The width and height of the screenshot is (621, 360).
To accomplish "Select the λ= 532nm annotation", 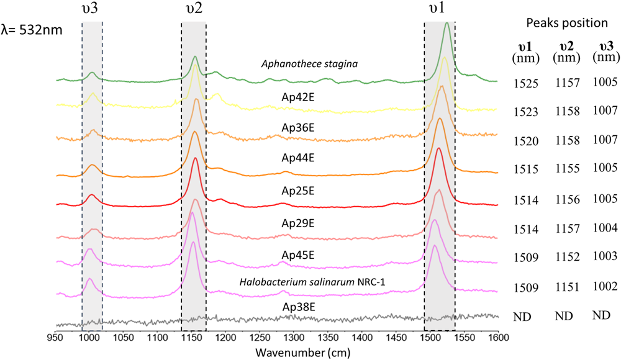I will click(x=32, y=29).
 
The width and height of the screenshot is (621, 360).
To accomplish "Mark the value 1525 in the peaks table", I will click(x=526, y=83).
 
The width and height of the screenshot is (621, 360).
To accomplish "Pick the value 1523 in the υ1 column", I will click(x=526, y=111).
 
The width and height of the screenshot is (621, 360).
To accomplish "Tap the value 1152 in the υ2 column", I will click(x=565, y=256).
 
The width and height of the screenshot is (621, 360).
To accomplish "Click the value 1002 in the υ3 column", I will click(x=604, y=287).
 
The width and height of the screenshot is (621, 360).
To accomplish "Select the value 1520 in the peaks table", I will click(x=526, y=140).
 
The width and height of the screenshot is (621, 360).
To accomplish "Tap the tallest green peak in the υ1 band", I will click(x=448, y=24).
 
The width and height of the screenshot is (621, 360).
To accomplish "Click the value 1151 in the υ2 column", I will click(x=565, y=287).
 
